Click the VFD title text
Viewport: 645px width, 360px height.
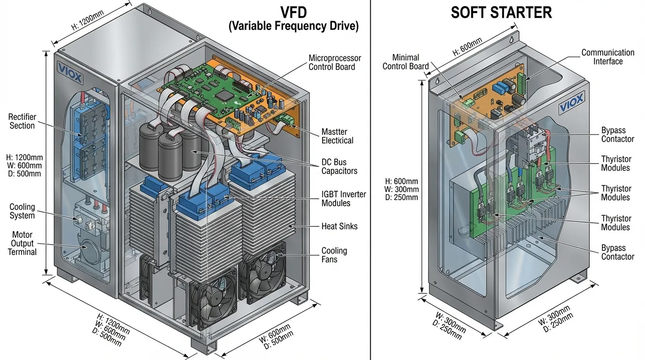point(293,11)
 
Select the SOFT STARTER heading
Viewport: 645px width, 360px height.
point(501,13)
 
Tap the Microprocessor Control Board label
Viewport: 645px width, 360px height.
point(334,62)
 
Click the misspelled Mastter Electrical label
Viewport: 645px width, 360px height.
point(337,136)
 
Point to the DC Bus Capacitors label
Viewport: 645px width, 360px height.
point(339,166)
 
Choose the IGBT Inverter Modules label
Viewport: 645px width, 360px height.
point(343,199)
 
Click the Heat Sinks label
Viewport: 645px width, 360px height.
point(339,226)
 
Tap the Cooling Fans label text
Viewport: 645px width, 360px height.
point(334,255)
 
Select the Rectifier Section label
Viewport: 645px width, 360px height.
point(22,121)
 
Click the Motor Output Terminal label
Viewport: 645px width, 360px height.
point(22,243)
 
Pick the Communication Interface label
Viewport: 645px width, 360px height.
point(607,57)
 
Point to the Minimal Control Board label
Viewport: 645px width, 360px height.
point(405,62)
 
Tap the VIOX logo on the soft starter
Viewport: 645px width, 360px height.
point(571,103)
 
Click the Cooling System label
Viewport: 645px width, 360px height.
point(22,211)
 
